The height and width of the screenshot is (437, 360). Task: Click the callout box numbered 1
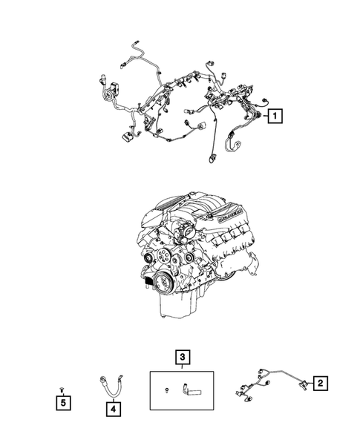[275, 116]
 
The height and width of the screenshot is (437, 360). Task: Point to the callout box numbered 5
[65, 403]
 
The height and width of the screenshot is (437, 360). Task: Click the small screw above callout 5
[65, 389]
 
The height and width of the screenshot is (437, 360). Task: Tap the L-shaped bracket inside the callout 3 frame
[191, 388]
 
